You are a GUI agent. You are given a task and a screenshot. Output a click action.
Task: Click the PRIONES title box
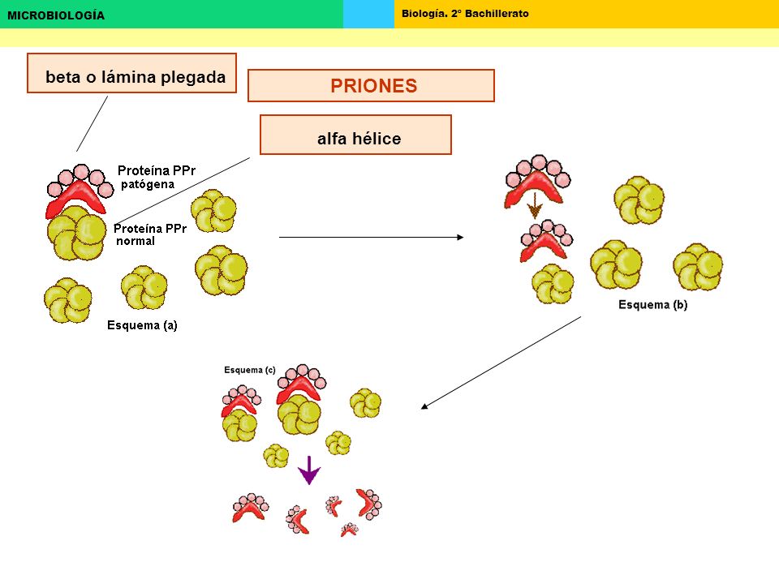(x=371, y=85)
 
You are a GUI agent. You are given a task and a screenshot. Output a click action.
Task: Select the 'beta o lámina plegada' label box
(x=131, y=73)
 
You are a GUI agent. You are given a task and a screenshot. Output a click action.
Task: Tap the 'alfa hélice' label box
(x=355, y=135)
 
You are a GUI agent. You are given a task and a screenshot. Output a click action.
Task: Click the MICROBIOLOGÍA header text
(x=56, y=15)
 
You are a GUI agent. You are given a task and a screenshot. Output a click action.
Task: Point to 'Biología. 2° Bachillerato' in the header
(x=465, y=14)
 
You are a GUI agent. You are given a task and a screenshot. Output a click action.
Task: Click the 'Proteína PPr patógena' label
(x=157, y=178)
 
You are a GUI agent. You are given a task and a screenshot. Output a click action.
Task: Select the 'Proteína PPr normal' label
(x=150, y=234)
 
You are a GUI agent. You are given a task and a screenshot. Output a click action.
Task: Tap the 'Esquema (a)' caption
(x=142, y=325)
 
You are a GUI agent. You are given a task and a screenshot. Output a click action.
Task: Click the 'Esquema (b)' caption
(x=652, y=304)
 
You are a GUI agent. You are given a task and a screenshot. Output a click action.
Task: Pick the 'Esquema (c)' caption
(x=249, y=370)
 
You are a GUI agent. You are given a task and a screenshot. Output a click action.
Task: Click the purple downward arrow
(x=309, y=470)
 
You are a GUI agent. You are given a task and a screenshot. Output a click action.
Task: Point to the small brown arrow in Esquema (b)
(x=535, y=205)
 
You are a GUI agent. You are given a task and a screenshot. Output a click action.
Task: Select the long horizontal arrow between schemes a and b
(x=371, y=238)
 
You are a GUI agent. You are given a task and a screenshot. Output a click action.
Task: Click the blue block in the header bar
(x=368, y=14)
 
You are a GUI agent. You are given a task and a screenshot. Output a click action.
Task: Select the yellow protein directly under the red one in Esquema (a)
(x=76, y=233)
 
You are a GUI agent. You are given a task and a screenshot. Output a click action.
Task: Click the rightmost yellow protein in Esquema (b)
(x=698, y=267)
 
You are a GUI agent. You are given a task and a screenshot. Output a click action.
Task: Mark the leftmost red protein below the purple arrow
(x=248, y=509)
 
